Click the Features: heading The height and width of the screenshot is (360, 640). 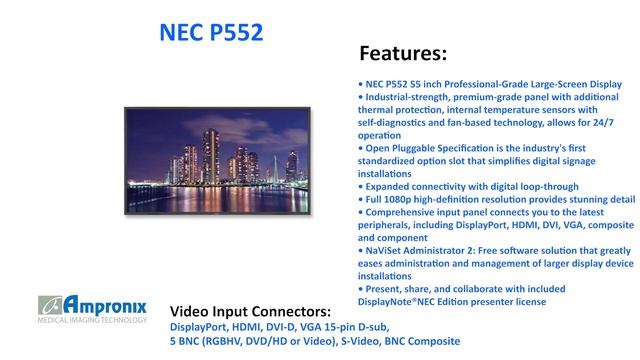402,52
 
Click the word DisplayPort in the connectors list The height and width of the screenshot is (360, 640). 199,326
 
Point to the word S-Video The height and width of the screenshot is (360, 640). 358,341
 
